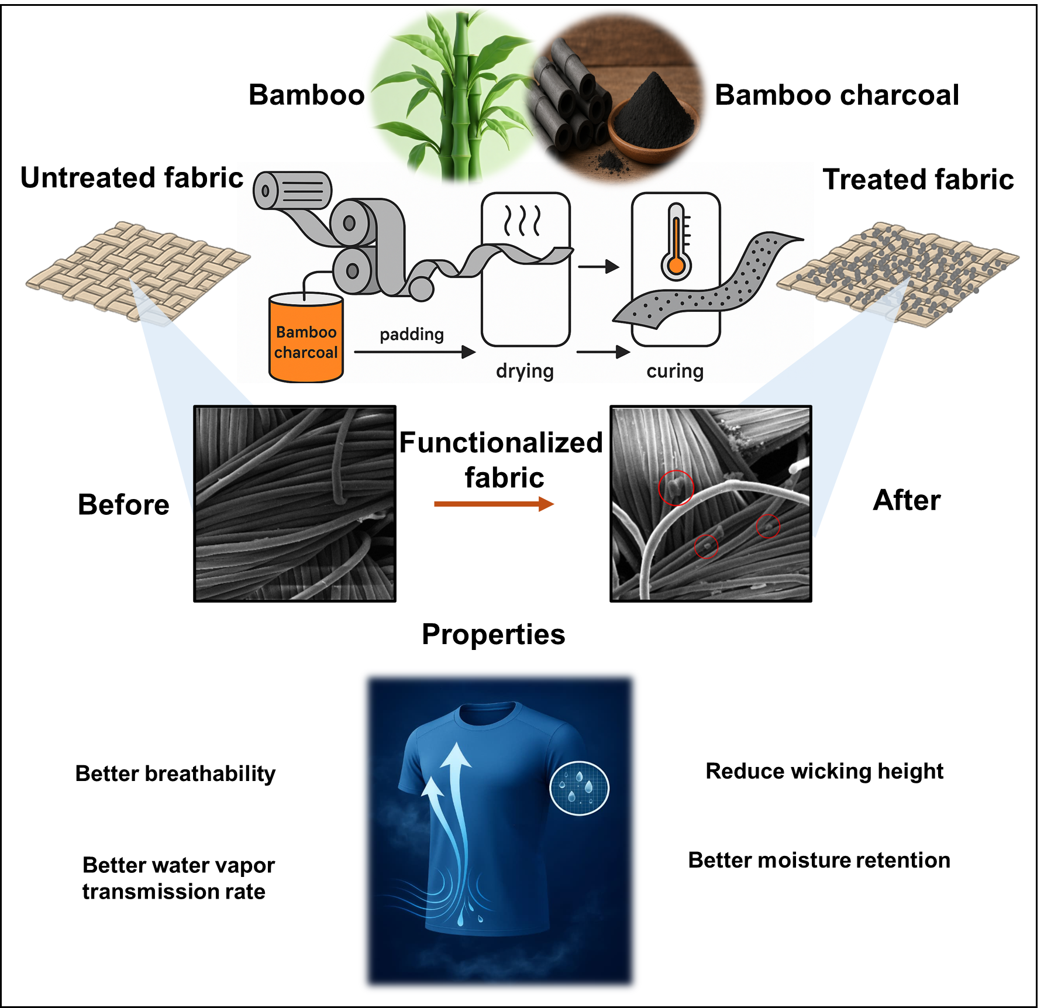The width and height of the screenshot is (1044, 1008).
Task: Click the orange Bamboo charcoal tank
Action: click(306, 338)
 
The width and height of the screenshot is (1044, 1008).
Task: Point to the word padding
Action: click(412, 335)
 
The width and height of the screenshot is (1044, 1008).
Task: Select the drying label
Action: click(525, 371)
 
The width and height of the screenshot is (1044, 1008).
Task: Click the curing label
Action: click(675, 371)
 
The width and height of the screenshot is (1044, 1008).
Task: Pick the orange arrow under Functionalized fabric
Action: click(494, 504)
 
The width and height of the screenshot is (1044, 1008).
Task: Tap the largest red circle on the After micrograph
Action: click(676, 487)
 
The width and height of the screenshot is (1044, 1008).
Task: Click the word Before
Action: click(123, 504)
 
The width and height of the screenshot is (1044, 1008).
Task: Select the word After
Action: click(907, 500)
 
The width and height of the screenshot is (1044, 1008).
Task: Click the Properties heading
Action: click(494, 635)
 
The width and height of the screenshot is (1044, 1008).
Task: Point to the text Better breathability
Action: click(175, 773)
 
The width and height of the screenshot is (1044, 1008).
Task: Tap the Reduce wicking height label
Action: click(825, 772)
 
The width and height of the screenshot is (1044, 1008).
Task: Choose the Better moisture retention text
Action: click(819, 860)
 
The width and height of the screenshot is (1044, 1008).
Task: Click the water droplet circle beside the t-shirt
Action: click(580, 788)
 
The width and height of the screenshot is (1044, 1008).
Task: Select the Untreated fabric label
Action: click(132, 177)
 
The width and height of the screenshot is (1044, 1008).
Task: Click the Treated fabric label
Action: click(918, 179)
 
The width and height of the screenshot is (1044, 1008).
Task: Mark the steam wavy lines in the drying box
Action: click(522, 221)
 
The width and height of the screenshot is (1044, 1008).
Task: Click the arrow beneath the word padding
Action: click(415, 352)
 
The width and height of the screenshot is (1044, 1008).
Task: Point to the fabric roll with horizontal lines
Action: click(292, 191)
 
